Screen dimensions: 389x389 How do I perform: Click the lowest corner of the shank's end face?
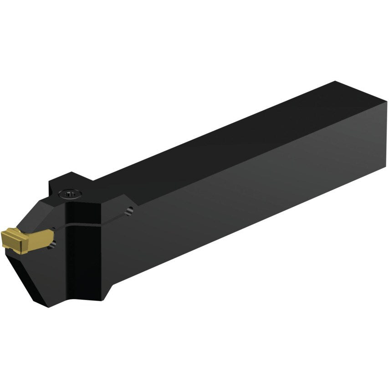[x=387, y=168]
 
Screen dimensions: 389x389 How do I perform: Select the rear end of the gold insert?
[x=53, y=236]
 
